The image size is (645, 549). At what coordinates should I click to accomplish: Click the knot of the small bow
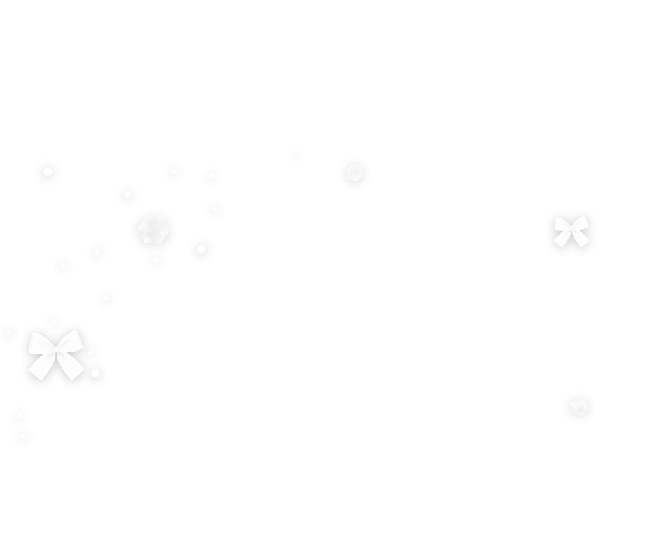coord(571,230)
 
